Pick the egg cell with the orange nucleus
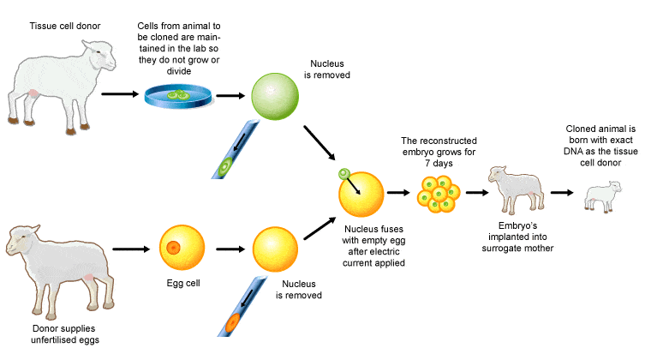point(175,249)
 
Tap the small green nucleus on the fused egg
point(343,175)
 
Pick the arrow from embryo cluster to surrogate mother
point(475,193)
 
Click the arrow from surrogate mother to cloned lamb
point(562,193)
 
